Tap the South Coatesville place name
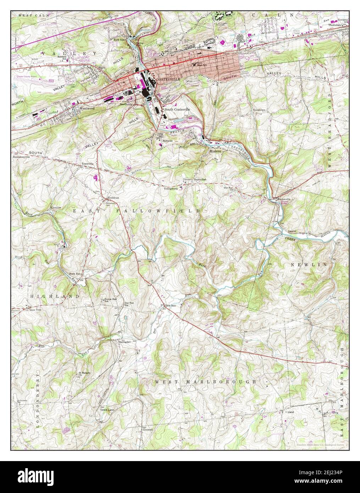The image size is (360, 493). (x=177, y=110)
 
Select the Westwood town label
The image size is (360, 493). (x=87, y=108)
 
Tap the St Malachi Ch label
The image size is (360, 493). (x=83, y=374)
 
